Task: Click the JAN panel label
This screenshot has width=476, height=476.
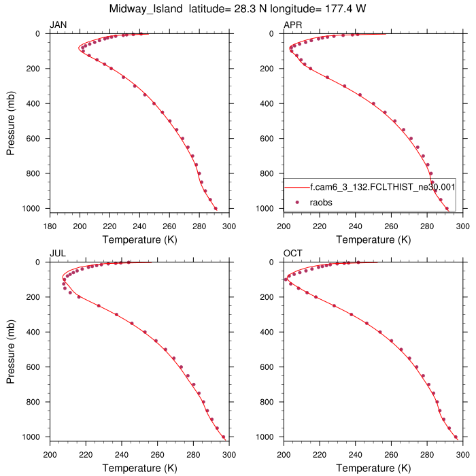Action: pyautogui.click(x=58, y=25)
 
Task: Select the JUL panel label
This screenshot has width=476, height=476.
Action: pyautogui.click(x=57, y=254)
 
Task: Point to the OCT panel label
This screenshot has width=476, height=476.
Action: pyautogui.click(x=292, y=254)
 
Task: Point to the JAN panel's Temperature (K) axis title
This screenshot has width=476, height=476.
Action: pyautogui.click(x=139, y=239)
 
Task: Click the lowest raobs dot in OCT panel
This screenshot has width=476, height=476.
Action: pyautogui.click(x=456, y=437)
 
